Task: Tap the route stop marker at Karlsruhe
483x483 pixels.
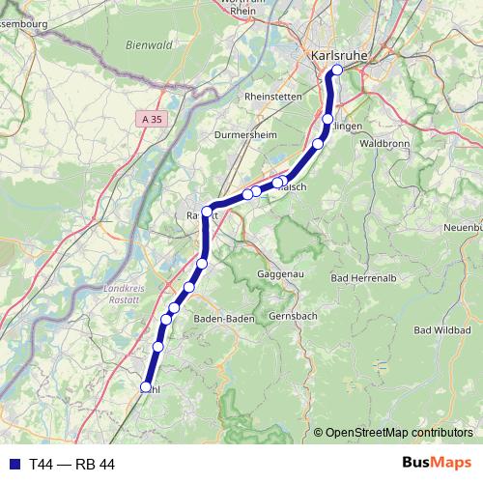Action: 336,71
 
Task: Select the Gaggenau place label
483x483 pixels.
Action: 281,274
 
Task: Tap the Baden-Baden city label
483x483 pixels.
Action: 224,318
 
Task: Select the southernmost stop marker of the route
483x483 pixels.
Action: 146,387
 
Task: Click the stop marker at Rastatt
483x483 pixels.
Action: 207,211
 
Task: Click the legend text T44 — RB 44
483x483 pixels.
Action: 71,464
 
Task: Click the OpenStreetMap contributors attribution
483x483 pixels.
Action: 397,432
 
